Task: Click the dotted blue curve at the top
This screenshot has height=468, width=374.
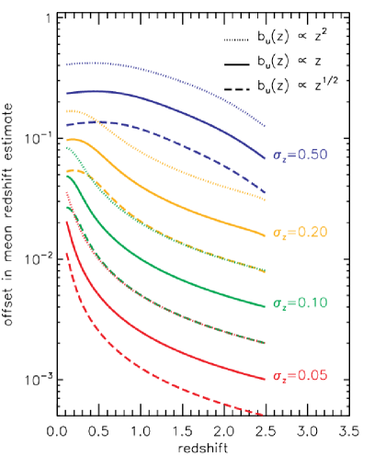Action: point(165,74)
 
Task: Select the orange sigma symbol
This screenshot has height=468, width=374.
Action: point(277,234)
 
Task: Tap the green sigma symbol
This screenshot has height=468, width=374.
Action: point(277,303)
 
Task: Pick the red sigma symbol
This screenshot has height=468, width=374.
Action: point(277,376)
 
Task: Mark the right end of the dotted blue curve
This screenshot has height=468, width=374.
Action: point(265,125)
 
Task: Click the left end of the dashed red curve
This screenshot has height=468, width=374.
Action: point(66,252)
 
